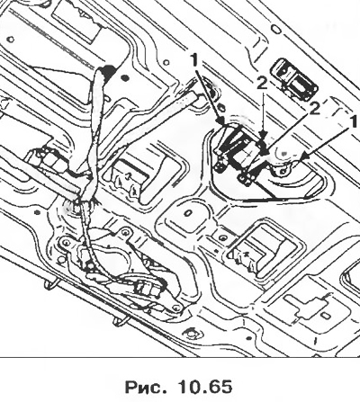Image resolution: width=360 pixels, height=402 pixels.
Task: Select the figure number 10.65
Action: [205, 386]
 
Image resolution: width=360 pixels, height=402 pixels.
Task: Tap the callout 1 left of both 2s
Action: [195, 61]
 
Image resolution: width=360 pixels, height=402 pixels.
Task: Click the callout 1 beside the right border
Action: [353, 122]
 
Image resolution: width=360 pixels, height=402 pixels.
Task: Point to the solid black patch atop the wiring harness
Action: [109, 73]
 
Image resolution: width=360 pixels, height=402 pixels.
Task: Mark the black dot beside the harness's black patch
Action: [124, 79]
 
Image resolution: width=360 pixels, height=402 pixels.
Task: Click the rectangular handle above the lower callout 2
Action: [294, 79]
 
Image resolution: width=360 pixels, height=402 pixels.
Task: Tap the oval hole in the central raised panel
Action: [188, 213]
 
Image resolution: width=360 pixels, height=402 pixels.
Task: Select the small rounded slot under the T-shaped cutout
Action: [325, 317]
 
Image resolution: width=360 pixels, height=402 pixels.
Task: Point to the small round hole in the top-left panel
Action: [11, 40]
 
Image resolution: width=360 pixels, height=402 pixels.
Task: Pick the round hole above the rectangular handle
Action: [276, 30]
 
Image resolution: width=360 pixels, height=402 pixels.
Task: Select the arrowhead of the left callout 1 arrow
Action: [222, 121]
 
